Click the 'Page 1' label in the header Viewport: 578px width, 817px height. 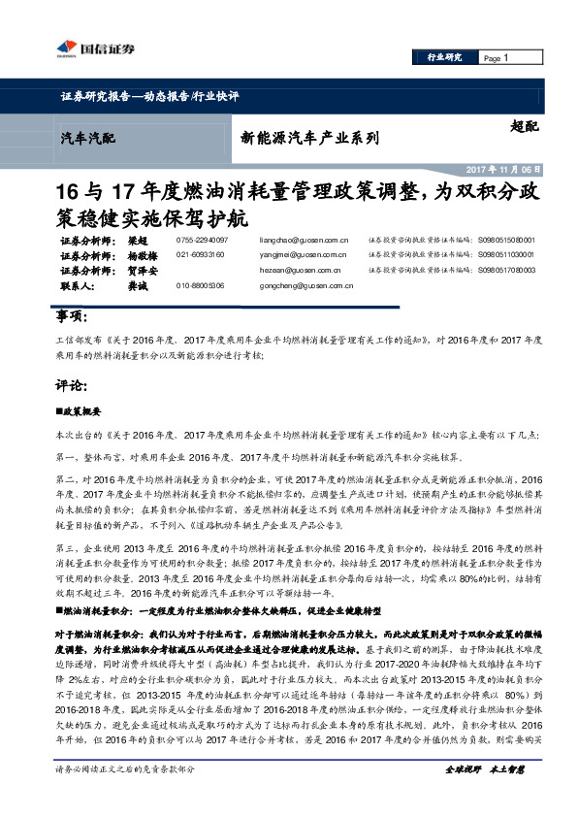[x=496, y=58]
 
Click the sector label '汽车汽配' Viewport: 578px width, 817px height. [x=86, y=137]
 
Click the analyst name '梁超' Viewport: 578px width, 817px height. [x=137, y=239]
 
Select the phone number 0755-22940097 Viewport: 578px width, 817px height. [x=203, y=239]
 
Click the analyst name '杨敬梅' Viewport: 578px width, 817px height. [x=142, y=254]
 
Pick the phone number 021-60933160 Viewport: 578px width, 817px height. [x=201, y=254]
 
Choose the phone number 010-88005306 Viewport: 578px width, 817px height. [x=201, y=286]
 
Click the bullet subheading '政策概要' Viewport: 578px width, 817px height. [x=80, y=411]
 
